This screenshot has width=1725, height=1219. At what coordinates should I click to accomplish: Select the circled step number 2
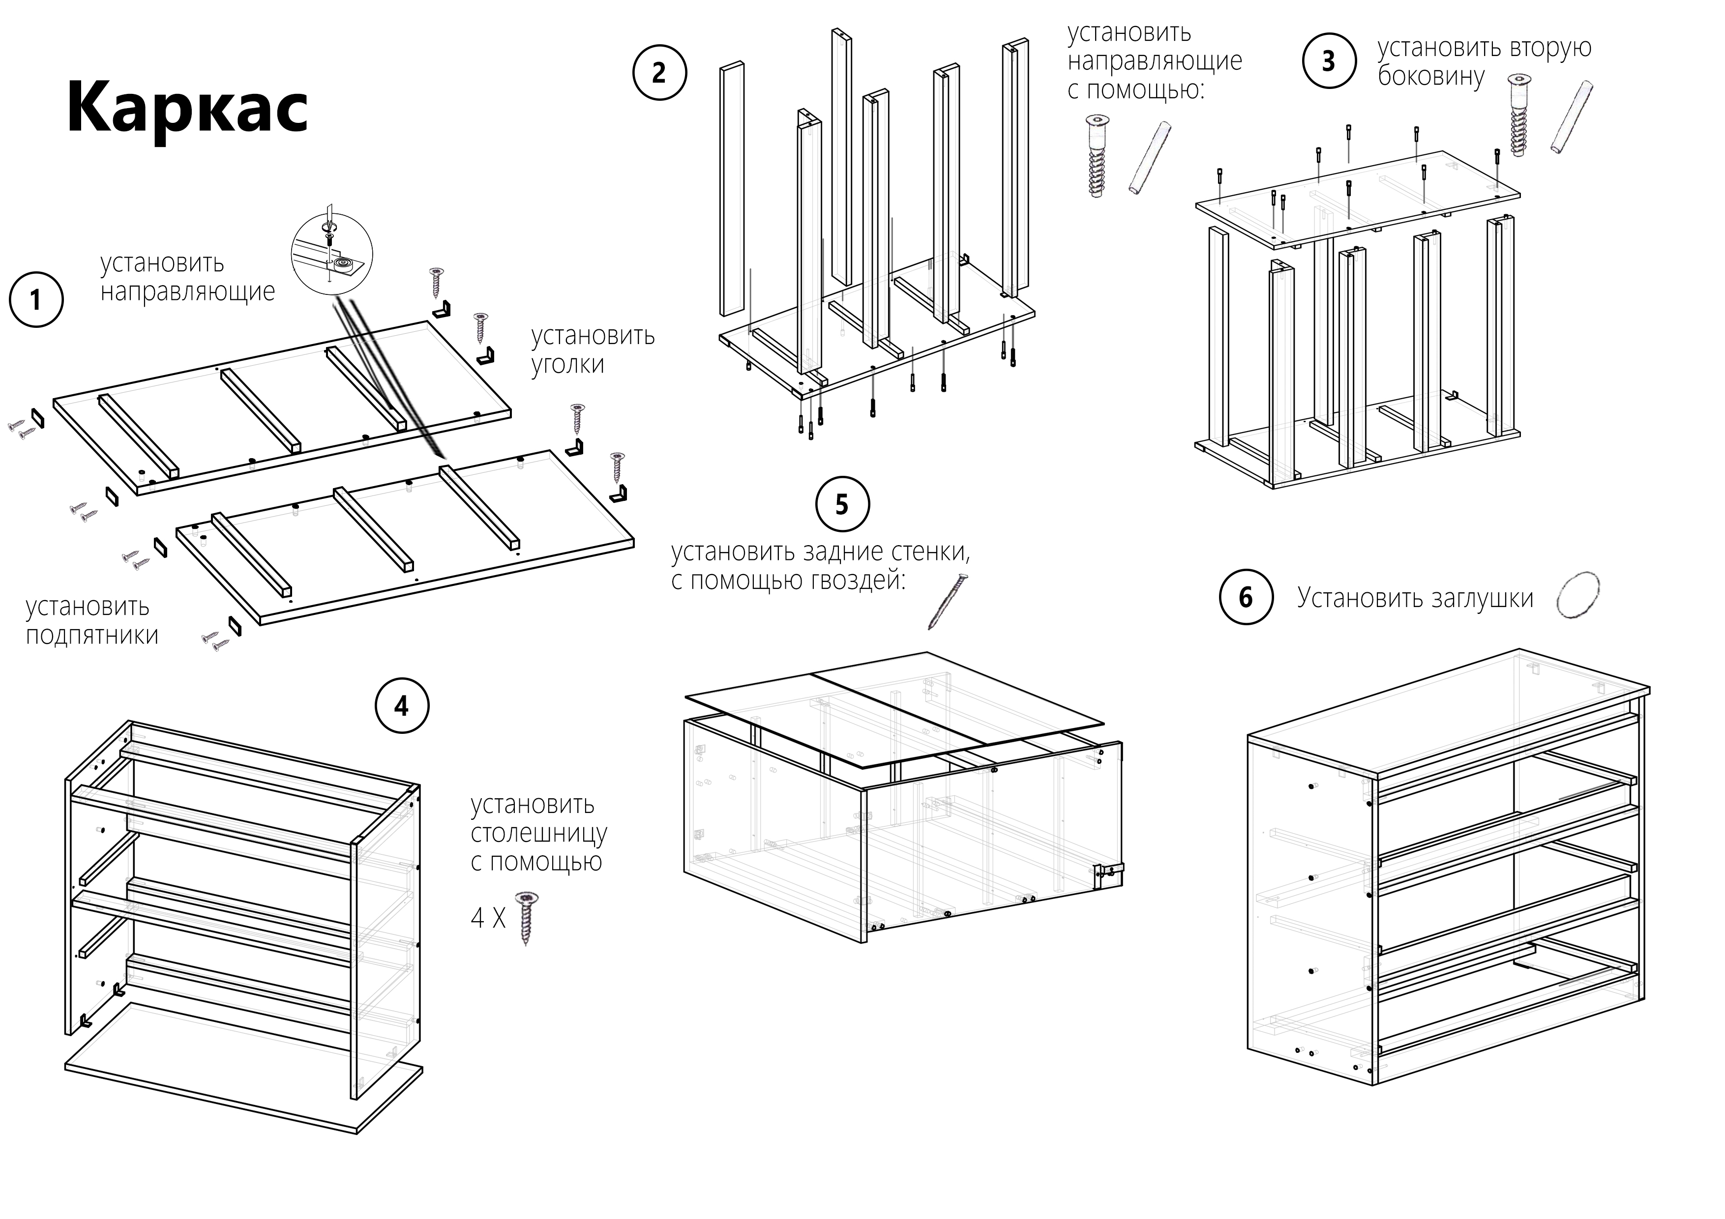(x=659, y=73)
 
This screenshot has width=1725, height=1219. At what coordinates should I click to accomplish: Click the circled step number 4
(x=401, y=706)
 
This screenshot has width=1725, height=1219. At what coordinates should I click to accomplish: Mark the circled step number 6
(x=1246, y=597)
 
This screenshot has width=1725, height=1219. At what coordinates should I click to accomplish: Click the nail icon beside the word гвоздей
(x=948, y=601)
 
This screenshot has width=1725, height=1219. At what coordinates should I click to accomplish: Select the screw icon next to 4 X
(x=528, y=917)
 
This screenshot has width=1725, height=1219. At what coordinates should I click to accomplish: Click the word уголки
(x=567, y=364)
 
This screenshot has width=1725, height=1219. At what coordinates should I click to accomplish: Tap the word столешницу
(x=538, y=833)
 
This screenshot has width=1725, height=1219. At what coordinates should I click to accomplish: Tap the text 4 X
(x=488, y=918)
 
